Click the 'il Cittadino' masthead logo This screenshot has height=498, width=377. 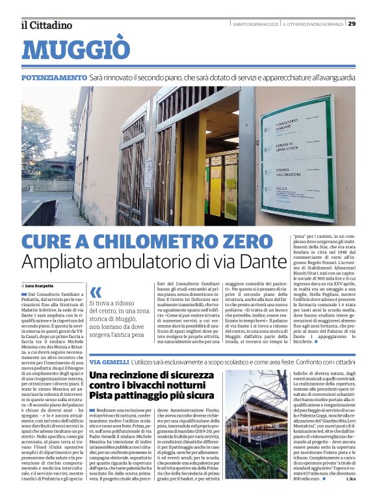click(x=46, y=25)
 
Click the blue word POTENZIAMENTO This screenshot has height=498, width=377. click(x=53, y=77)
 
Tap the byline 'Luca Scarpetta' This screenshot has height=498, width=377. click(x=40, y=286)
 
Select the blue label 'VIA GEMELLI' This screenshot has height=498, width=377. click(x=108, y=361)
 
